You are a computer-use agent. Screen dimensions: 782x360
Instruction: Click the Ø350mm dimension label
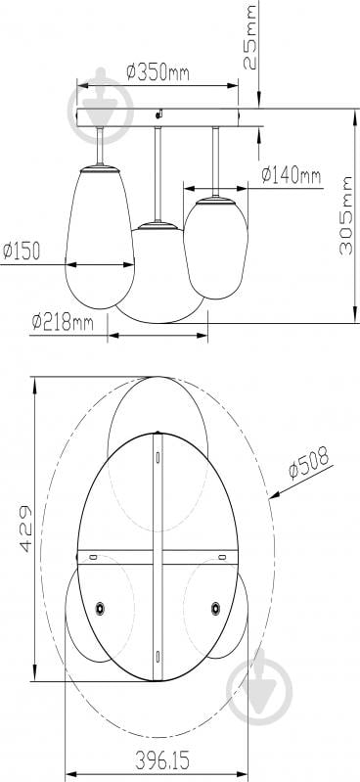(x=157, y=71)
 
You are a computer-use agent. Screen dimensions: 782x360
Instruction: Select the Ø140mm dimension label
(x=291, y=175)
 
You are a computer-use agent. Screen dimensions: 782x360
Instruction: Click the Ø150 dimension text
(x=22, y=252)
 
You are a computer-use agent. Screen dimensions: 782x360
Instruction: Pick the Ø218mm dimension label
(x=62, y=321)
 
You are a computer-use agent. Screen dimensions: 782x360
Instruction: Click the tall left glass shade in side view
(x=100, y=236)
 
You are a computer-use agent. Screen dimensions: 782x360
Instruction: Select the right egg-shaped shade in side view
(x=216, y=248)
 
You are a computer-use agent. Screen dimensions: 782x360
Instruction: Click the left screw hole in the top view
(x=100, y=609)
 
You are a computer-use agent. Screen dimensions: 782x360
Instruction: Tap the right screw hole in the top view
(x=215, y=609)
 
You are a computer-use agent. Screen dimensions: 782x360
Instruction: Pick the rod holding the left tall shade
(x=101, y=146)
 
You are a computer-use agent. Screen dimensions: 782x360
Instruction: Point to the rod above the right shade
(x=215, y=161)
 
